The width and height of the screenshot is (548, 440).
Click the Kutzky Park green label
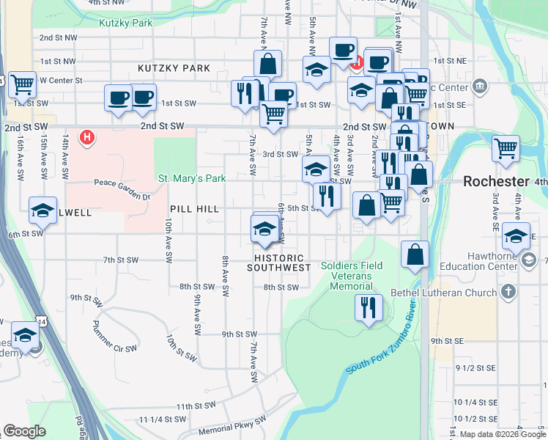[126, 23]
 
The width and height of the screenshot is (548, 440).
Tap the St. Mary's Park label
[192, 178]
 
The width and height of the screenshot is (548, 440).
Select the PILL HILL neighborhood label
[194, 209]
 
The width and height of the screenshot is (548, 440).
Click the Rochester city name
[496, 181]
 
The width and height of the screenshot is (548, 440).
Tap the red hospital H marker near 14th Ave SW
[87, 137]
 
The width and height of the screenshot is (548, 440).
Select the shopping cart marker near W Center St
[23, 85]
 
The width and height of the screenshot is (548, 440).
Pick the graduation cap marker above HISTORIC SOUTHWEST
[264, 229]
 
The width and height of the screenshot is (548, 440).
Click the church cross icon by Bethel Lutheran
[508, 293]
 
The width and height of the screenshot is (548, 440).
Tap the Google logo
[24, 431]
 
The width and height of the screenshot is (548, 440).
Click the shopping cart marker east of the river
[506, 148]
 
